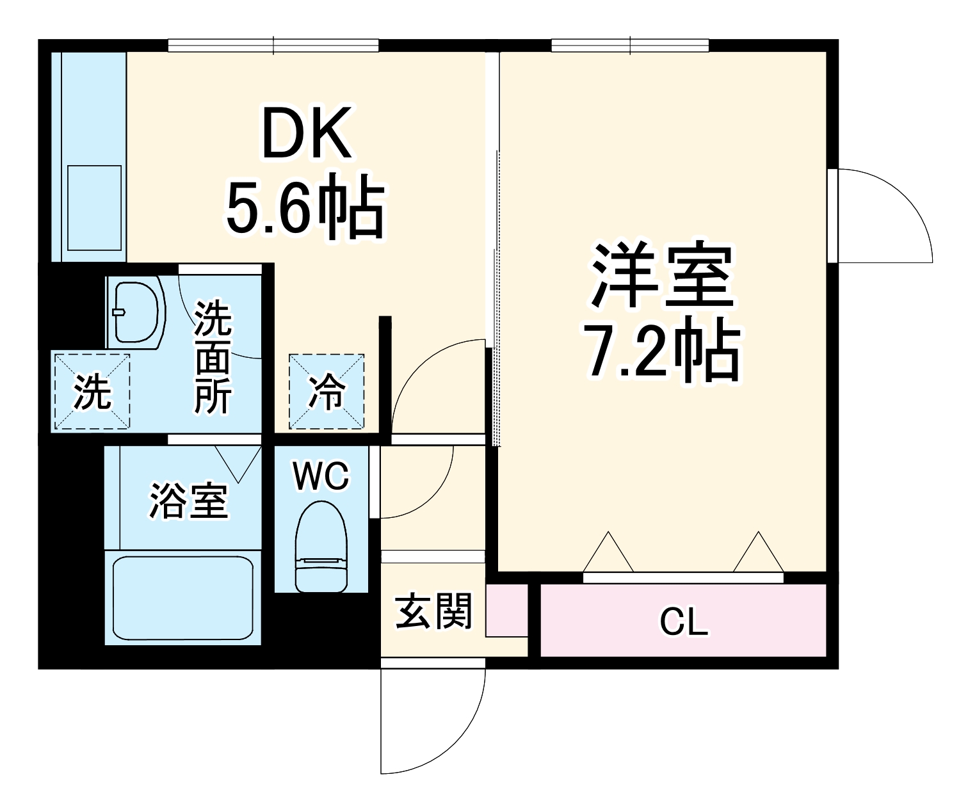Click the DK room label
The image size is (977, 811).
[x=306, y=134]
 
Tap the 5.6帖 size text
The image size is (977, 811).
[x=305, y=208]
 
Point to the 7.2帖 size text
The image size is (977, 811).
[x=663, y=351]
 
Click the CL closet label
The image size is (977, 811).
[x=684, y=621]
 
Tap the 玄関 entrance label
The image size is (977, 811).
[x=433, y=611]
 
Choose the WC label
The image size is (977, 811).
[x=321, y=475]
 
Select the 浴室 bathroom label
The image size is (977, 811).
[x=188, y=501]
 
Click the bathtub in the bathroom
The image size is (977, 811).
[x=183, y=598]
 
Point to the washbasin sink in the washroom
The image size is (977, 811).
[x=136, y=312]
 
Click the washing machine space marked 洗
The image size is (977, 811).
[x=92, y=392]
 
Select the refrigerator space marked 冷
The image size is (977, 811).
[x=327, y=392]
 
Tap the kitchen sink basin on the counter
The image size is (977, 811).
[x=94, y=207]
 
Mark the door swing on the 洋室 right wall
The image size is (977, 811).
[x=880, y=214]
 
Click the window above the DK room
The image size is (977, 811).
[x=273, y=45]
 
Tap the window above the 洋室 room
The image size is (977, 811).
[x=630, y=45]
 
